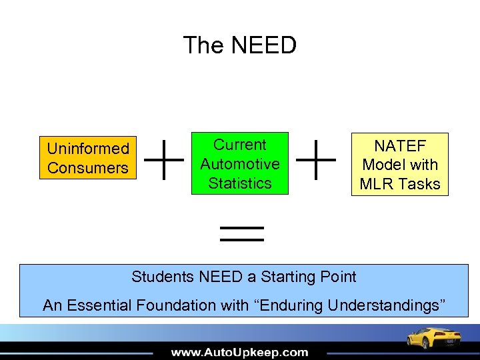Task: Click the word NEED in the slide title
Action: click(265, 45)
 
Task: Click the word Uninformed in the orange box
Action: click(88, 149)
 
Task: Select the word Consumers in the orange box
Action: click(88, 168)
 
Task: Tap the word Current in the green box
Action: click(240, 145)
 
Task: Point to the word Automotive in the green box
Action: click(240, 164)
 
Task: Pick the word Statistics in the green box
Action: click(240, 183)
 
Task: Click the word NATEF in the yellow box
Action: click(400, 145)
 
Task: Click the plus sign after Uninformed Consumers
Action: click(164, 160)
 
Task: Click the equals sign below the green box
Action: click(242, 233)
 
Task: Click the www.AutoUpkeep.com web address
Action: click(240, 352)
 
